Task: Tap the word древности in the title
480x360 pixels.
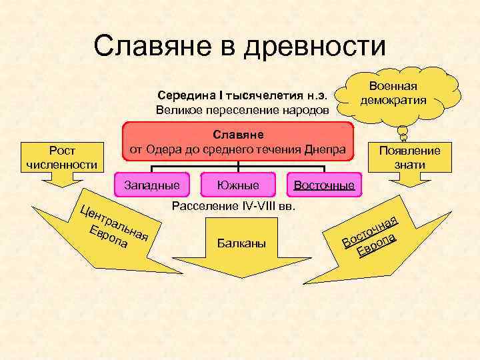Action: tap(316, 46)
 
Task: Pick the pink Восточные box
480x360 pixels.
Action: tap(324, 185)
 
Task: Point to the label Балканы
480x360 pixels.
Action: tap(241, 244)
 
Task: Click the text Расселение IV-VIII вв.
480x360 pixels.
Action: tap(233, 206)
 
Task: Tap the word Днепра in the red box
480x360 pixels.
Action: tap(327, 149)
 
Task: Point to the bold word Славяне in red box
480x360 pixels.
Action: tap(237, 135)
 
